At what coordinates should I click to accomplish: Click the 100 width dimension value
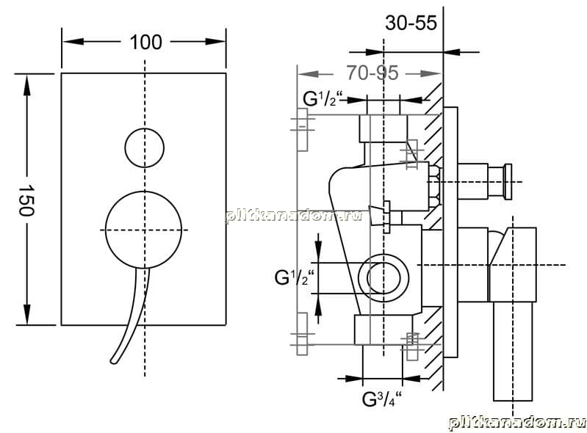pyautogui.click(x=146, y=42)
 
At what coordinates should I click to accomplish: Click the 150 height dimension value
pyautogui.click(x=27, y=200)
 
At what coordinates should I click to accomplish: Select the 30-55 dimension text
pyautogui.click(x=411, y=23)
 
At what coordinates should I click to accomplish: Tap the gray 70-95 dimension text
pyautogui.click(x=372, y=73)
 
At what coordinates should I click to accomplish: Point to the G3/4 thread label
pyautogui.click(x=382, y=399)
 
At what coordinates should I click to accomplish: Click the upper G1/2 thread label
pyautogui.click(x=323, y=99)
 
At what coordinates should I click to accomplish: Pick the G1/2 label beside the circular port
pyautogui.click(x=295, y=277)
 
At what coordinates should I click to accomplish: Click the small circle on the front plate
pyautogui.click(x=145, y=148)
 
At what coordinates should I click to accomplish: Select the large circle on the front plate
pyautogui.click(x=144, y=230)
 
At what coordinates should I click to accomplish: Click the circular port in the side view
pyautogui.click(x=383, y=279)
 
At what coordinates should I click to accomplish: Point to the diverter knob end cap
pyautogui.click(x=508, y=182)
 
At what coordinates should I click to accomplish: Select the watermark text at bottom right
pyautogui.click(x=517, y=423)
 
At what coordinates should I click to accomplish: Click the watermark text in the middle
pyautogui.click(x=295, y=215)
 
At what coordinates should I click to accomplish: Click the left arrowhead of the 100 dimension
pyautogui.click(x=73, y=41)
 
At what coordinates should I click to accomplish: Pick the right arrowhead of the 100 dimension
pyautogui.click(x=216, y=41)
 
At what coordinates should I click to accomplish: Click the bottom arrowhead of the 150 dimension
pyautogui.click(x=27, y=315)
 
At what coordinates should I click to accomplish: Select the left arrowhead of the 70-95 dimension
pyautogui.click(x=308, y=73)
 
